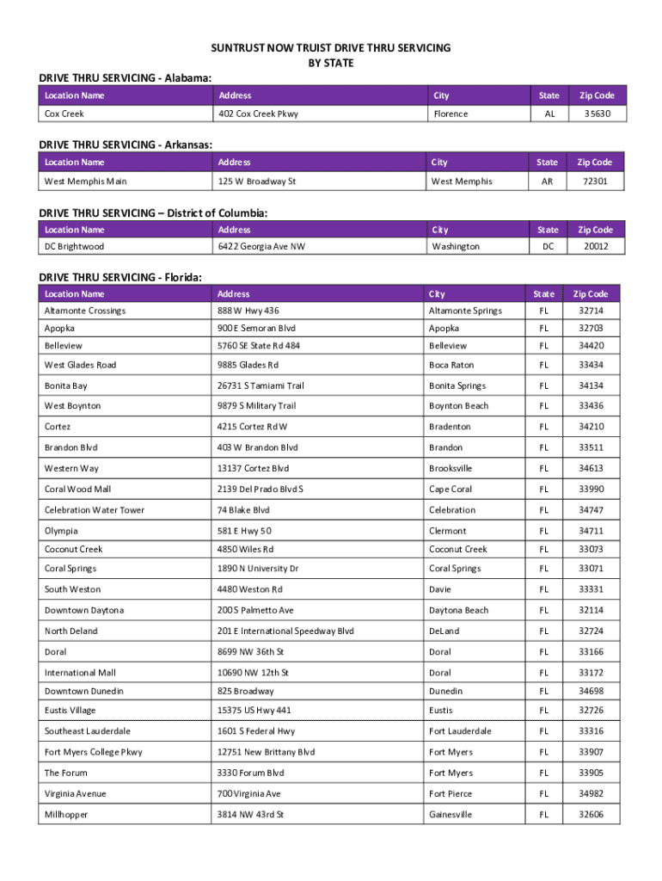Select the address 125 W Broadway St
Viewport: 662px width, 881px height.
257,182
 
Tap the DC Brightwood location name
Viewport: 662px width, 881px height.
74,247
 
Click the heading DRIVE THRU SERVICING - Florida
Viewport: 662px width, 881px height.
121,276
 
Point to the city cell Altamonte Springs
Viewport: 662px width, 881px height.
465,311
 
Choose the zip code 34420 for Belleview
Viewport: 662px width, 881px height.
591,346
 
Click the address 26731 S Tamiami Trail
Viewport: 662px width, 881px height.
261,386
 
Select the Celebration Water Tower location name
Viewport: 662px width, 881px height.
95,510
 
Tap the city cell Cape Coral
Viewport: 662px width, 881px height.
451,490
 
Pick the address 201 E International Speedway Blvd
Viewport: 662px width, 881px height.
285,631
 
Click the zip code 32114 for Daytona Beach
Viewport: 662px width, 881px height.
591,610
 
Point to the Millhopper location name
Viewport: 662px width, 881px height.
66,814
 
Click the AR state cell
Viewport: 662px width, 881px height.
548,182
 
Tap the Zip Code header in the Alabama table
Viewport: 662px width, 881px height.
596,95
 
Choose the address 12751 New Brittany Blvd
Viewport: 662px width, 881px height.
267,752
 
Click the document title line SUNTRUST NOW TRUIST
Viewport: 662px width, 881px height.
331,48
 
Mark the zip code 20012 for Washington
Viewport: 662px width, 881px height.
595,247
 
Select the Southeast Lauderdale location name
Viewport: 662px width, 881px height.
88,731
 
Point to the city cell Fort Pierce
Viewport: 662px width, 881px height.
451,793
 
